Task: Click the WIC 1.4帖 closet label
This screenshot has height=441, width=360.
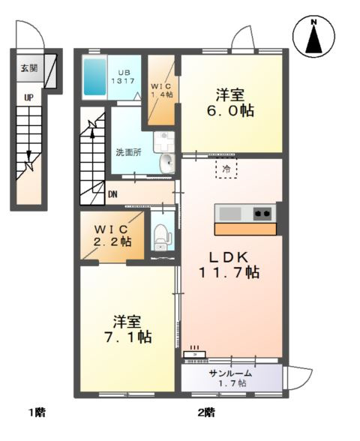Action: coord(162,90)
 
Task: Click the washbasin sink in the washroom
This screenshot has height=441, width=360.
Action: coord(166,160)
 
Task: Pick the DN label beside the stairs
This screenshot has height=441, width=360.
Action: coord(112,195)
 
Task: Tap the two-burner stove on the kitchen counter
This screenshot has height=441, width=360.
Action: coord(262,213)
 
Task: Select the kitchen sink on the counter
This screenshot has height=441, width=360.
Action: coord(229,213)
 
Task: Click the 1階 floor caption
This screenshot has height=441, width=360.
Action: coord(37,412)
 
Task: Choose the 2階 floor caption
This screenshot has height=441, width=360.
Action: coord(206,412)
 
